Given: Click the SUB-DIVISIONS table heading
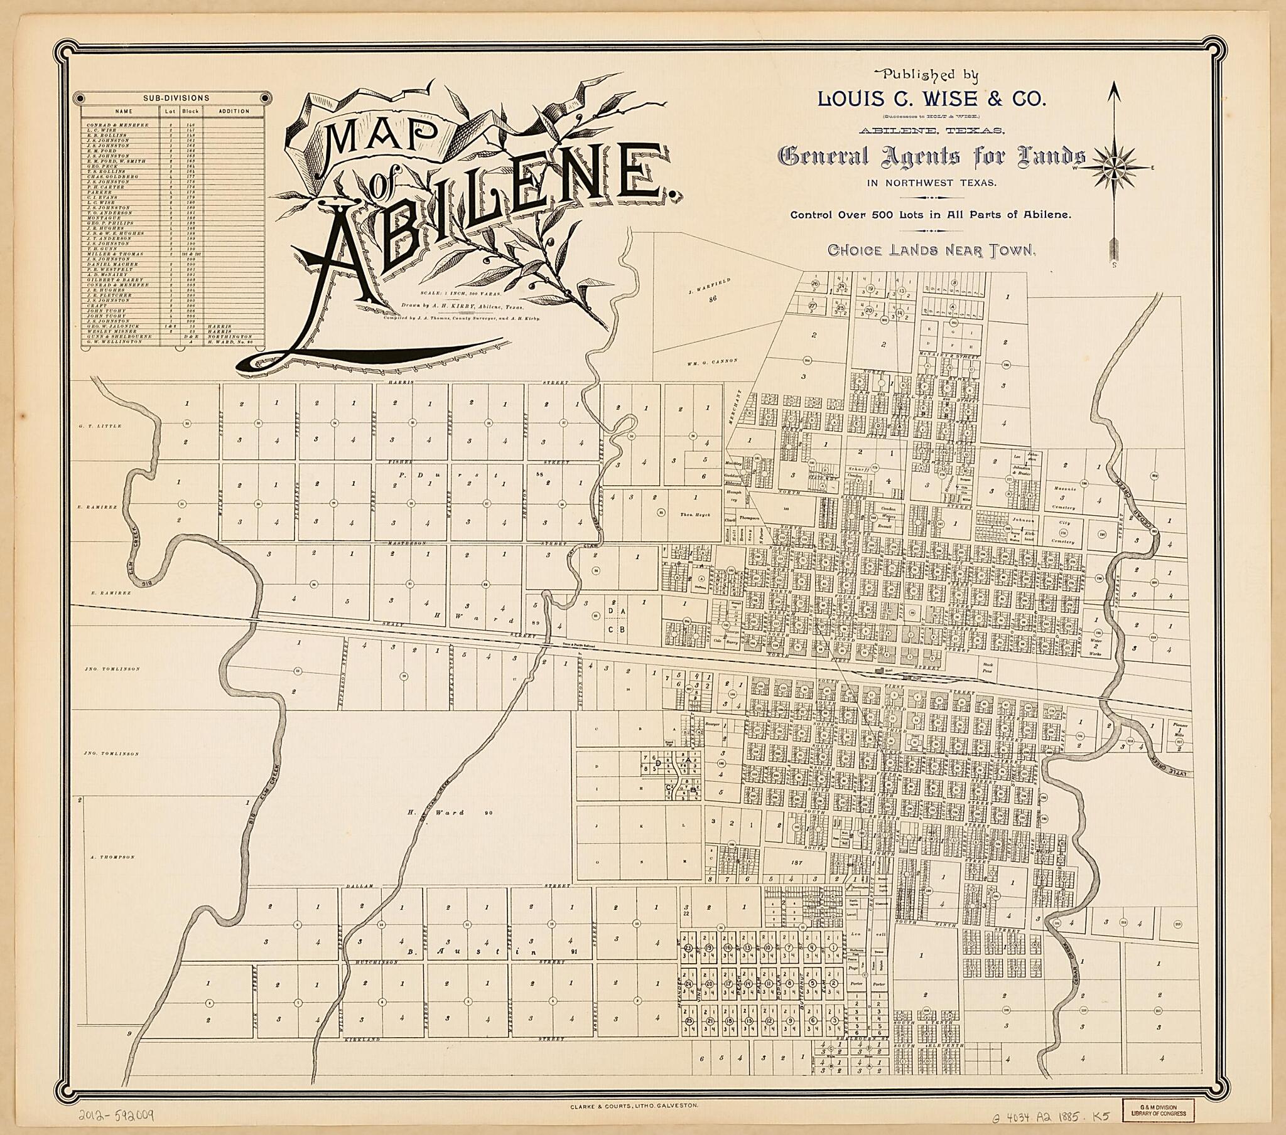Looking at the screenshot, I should click(176, 98).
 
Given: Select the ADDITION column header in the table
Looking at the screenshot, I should click(234, 111).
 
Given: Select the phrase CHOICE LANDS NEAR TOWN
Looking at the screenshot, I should click(931, 250).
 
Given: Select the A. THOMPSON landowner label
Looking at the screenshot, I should click(113, 857).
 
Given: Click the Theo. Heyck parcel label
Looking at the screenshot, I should click(694, 514).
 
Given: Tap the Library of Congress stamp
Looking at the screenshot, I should click(1159, 1110).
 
